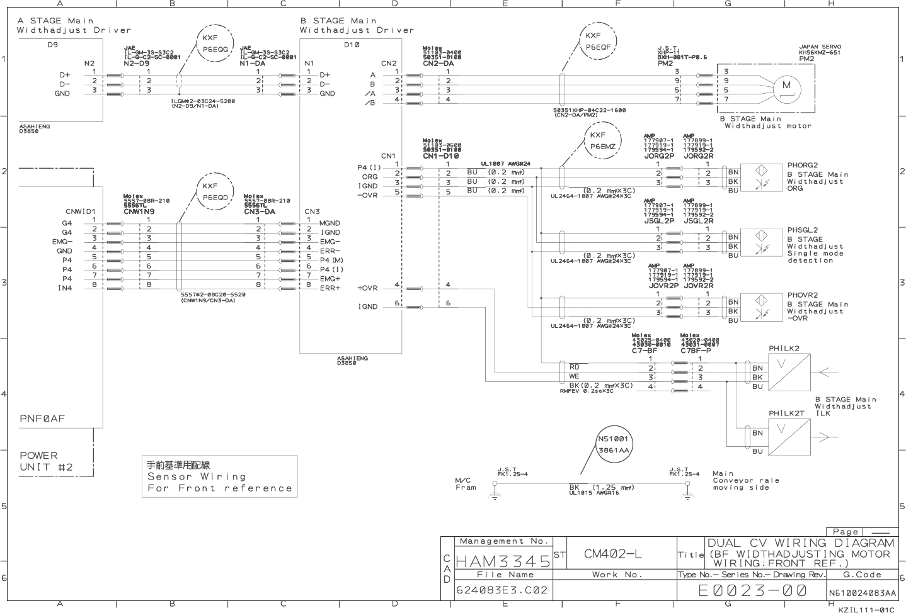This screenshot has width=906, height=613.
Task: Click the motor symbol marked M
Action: (x=786, y=85)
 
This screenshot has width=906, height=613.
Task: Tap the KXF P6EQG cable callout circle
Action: (x=211, y=43)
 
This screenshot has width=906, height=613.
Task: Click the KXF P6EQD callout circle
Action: (x=211, y=191)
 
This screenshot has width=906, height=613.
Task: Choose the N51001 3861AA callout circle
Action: (x=613, y=444)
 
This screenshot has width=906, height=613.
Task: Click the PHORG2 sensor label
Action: (x=802, y=166)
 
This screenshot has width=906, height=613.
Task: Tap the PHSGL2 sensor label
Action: (x=802, y=230)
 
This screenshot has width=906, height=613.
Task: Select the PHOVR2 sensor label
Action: (x=802, y=295)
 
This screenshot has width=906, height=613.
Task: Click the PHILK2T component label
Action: (x=786, y=413)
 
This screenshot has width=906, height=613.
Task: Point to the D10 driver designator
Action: (x=352, y=45)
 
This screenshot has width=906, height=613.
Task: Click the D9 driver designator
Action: (x=52, y=45)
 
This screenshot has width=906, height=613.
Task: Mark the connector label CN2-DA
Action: (x=438, y=64)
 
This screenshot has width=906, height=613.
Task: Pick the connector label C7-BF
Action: (x=645, y=350)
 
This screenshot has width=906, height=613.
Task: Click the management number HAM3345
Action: (x=502, y=560)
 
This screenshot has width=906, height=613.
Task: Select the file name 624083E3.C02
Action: (x=502, y=590)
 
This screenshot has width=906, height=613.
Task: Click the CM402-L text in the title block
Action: (x=612, y=554)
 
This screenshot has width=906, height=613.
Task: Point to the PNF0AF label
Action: (x=42, y=419)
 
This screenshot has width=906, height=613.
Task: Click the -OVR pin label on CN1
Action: (x=367, y=195)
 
